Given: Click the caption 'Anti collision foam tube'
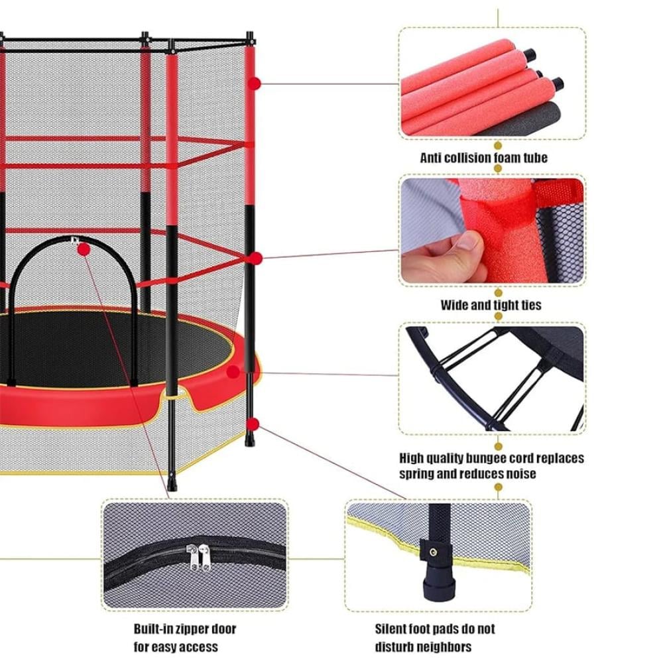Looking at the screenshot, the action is [483, 158].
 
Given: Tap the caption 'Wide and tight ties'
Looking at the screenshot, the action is [491, 305].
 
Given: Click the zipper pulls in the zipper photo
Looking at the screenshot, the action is [199, 558].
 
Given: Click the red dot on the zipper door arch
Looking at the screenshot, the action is [84, 249].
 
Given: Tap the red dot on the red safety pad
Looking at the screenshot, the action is [233, 372].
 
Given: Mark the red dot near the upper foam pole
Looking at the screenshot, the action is [254, 84].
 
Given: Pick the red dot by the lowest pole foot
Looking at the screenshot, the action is [253, 424].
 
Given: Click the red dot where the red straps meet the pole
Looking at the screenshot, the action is [256, 258].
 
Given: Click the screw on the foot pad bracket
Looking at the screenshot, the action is [433, 552].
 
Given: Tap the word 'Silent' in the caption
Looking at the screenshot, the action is [392, 629].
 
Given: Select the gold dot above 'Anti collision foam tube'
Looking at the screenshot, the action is [498, 145].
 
